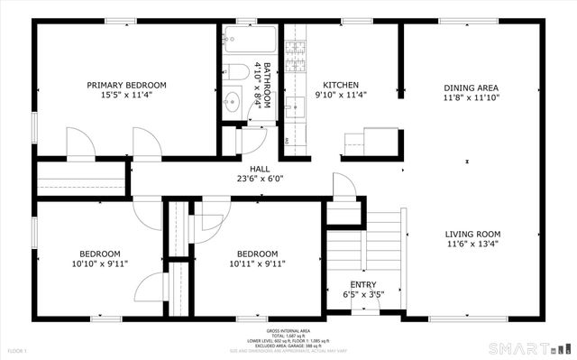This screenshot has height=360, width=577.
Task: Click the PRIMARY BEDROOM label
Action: click(126, 86)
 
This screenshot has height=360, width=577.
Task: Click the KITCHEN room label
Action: click(342, 86)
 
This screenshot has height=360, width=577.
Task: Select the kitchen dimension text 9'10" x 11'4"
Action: click(342, 96)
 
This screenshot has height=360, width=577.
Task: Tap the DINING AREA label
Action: click(471, 88)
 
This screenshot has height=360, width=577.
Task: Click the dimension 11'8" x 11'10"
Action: click(471, 98)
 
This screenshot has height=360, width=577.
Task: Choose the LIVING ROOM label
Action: click(472, 233)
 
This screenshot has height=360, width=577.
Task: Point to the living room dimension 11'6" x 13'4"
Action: click(472, 243)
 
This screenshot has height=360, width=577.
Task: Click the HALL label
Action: click(260, 168)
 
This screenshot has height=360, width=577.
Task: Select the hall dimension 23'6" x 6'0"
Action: click(260, 178)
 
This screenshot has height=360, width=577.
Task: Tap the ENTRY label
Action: click(351, 283)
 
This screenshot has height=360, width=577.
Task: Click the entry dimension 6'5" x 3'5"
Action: click(351, 294)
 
